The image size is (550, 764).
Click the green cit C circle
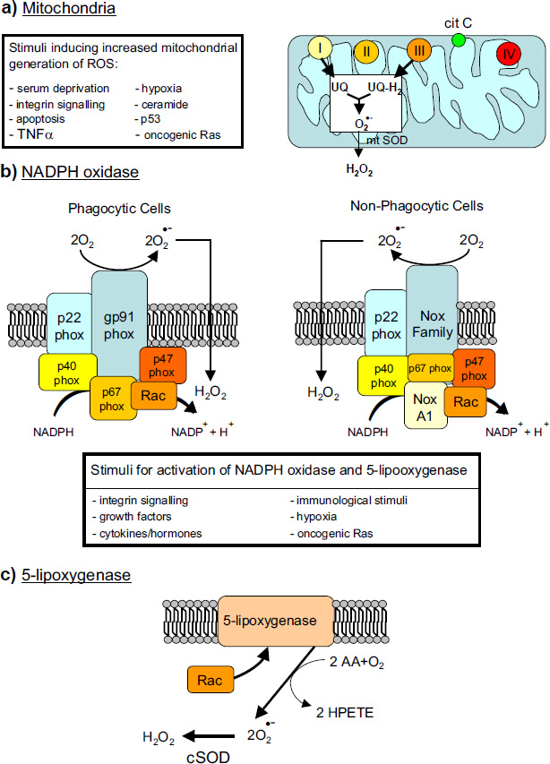[x=459, y=40]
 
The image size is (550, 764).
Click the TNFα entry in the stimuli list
[x=35, y=135]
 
